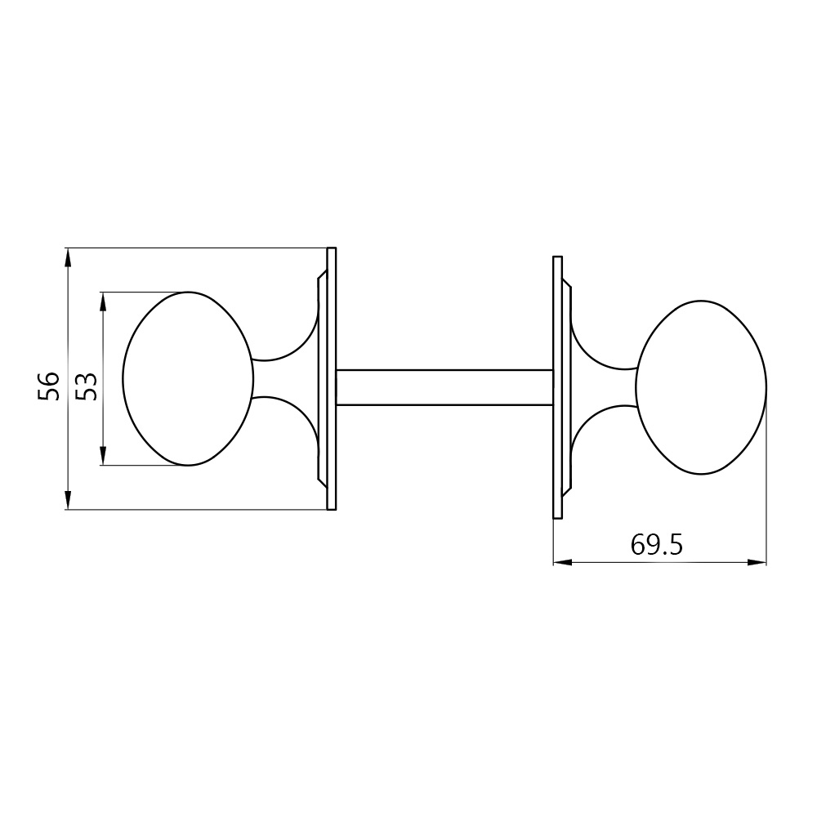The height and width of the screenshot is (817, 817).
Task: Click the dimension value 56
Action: [48, 386]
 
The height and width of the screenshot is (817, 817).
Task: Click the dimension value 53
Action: [87, 386]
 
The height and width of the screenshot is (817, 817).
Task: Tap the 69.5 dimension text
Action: [656, 545]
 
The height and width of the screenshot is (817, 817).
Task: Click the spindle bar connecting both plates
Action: [444, 387]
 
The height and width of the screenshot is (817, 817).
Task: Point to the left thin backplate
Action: [331, 378]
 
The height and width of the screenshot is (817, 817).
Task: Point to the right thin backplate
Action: [557, 387]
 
